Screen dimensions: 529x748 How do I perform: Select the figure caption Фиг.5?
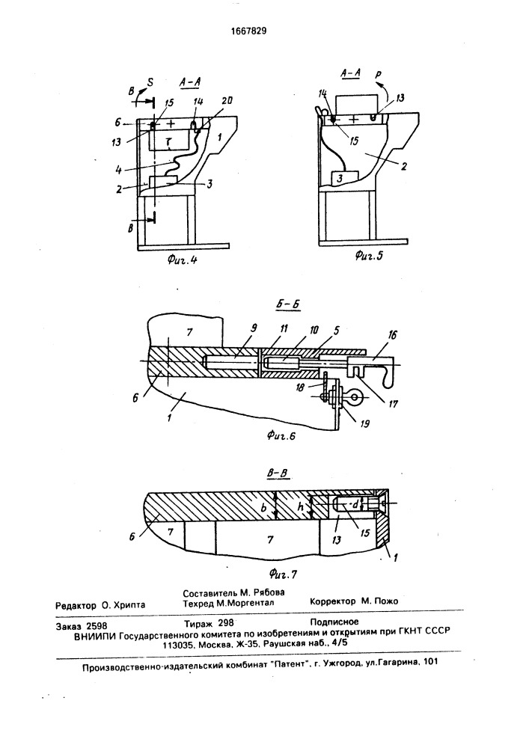[x=369, y=256]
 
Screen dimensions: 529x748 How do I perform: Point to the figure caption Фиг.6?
[x=281, y=435]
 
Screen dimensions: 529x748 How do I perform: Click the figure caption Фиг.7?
[x=283, y=574]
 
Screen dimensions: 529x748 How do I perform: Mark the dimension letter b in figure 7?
[x=264, y=508]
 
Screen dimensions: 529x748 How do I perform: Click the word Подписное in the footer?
[x=334, y=622]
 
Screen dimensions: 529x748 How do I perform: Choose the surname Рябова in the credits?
[x=269, y=592]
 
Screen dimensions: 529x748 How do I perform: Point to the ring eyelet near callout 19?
[x=355, y=397]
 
